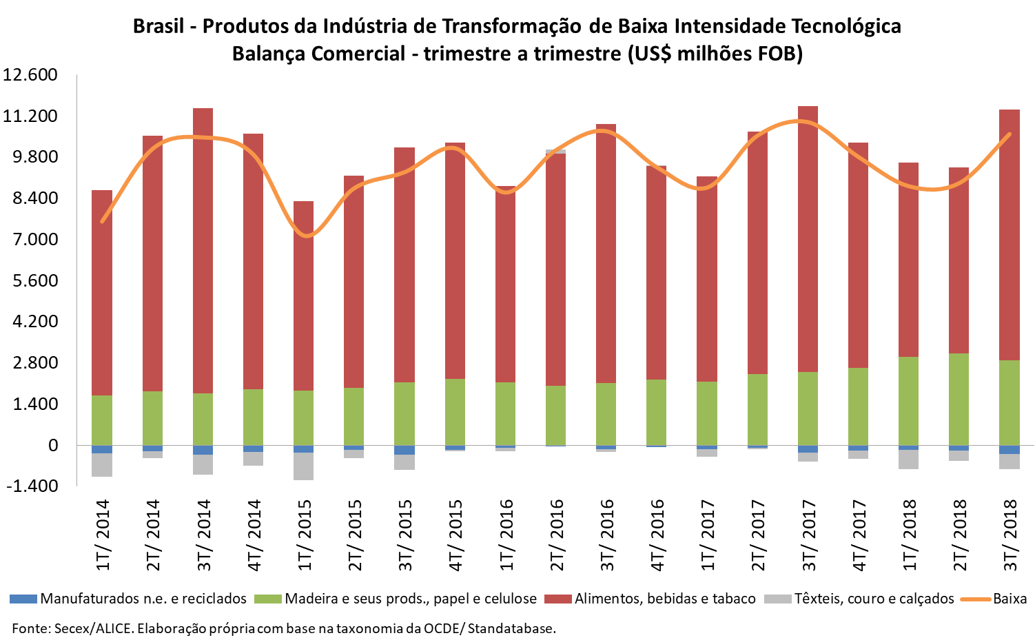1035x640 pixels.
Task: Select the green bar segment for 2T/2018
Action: tap(959, 400)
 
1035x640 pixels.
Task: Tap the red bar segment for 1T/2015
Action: tap(303, 296)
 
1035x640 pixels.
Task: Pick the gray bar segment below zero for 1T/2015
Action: tap(303, 466)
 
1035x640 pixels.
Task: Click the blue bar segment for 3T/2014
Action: tap(203, 450)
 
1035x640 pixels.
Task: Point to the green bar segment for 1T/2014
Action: tap(102, 420)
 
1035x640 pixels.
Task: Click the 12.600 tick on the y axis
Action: tap(30, 74)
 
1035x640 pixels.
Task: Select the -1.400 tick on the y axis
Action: tap(30, 486)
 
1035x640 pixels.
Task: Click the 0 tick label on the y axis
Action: tap(53, 446)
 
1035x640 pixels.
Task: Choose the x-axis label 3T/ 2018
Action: tap(1010, 535)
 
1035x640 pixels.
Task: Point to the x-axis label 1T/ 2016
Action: tap(506, 535)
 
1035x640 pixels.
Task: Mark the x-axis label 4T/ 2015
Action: tap(455, 535)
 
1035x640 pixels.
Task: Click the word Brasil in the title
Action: tap(158, 26)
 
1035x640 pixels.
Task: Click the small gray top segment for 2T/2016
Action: tap(555, 152)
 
